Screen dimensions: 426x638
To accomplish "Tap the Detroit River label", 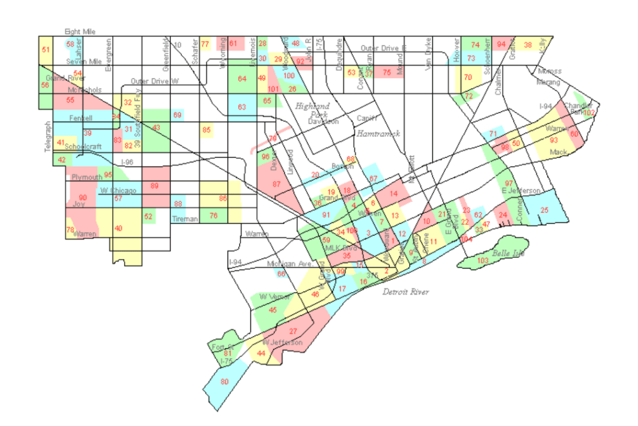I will (406, 291).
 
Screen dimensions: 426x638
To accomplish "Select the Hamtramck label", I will (377, 133).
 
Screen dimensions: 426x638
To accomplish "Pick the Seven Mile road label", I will (84, 62).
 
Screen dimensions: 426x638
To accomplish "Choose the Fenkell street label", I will (80, 117).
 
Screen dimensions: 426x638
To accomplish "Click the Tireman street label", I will (186, 219).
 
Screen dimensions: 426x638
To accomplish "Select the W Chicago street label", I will (118, 191).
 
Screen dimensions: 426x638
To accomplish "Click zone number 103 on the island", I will (482, 260).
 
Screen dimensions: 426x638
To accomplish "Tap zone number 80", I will (225, 381).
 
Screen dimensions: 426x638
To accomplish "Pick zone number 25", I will (545, 211).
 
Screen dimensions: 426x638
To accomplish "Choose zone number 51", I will (45, 49).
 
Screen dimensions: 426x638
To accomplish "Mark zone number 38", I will (528, 45).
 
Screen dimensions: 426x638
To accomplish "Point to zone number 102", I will (589, 113).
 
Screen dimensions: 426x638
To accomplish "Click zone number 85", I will (206, 130).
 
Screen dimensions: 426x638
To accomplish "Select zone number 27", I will (293, 331).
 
